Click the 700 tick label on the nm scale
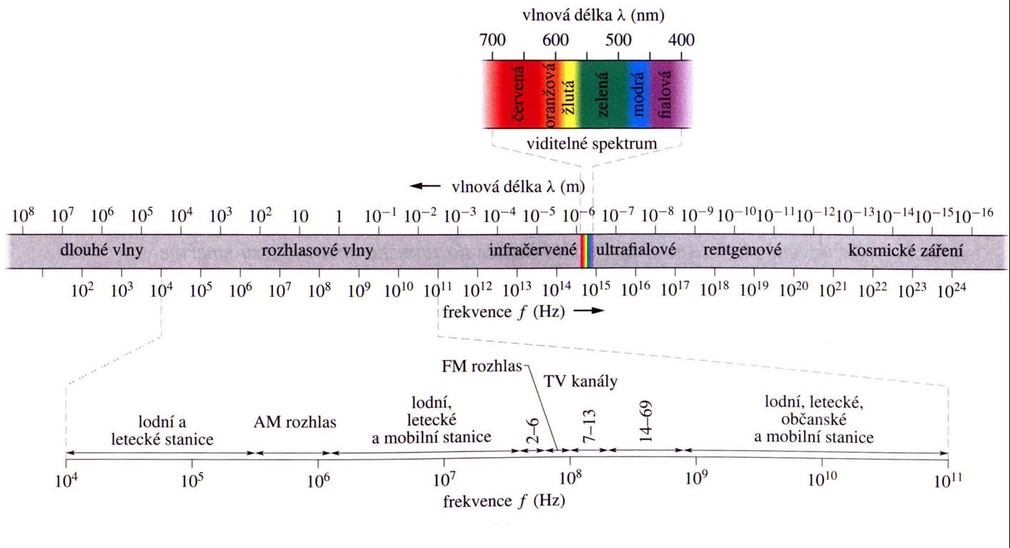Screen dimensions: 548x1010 493,40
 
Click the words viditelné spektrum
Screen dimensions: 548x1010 591,143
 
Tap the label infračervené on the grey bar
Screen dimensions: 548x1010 533,251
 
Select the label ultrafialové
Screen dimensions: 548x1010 636,251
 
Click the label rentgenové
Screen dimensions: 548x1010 742,251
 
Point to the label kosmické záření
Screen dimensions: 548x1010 906,251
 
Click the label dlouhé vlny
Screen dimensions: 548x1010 92,251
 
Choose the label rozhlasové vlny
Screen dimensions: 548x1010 318,251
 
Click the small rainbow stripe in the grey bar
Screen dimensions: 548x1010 586,251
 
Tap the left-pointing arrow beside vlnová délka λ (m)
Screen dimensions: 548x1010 425,186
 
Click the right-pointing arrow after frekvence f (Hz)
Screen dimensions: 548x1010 589,310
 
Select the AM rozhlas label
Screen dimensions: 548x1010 294,421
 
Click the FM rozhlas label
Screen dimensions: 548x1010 482,368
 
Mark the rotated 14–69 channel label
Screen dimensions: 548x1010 646,426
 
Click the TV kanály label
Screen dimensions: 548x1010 580,381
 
